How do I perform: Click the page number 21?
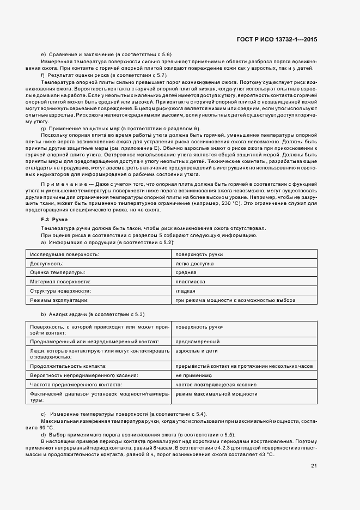coord(314,465)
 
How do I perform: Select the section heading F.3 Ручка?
coord(55,218)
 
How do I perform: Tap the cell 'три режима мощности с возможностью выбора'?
coord(235,300)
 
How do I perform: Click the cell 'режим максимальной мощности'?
coord(216,393)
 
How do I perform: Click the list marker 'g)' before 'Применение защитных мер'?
coord(43,127)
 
